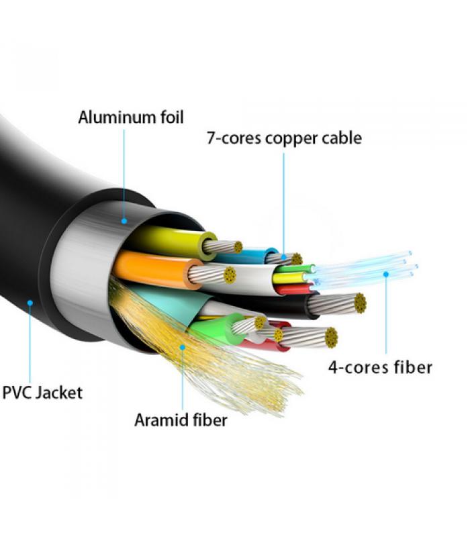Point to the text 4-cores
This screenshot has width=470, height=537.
pyautogui.click(x=355, y=367)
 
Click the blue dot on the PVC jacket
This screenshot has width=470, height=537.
pyautogui.click(x=30, y=303)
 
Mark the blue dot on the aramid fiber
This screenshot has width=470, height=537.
pyautogui.click(x=181, y=347)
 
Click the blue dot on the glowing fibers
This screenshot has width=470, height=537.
pyautogui.click(x=386, y=273)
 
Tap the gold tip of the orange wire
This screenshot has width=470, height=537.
pyautogui.click(x=230, y=274)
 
